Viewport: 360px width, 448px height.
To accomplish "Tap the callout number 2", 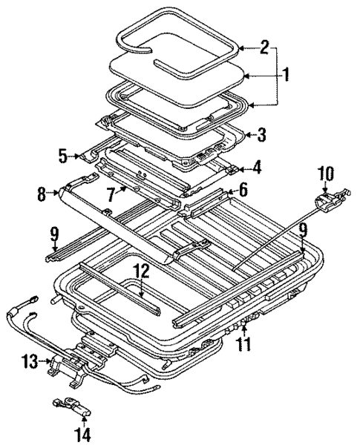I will (264, 48).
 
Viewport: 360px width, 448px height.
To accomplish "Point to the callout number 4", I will (256, 168).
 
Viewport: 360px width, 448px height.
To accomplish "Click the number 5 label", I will (63, 156).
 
